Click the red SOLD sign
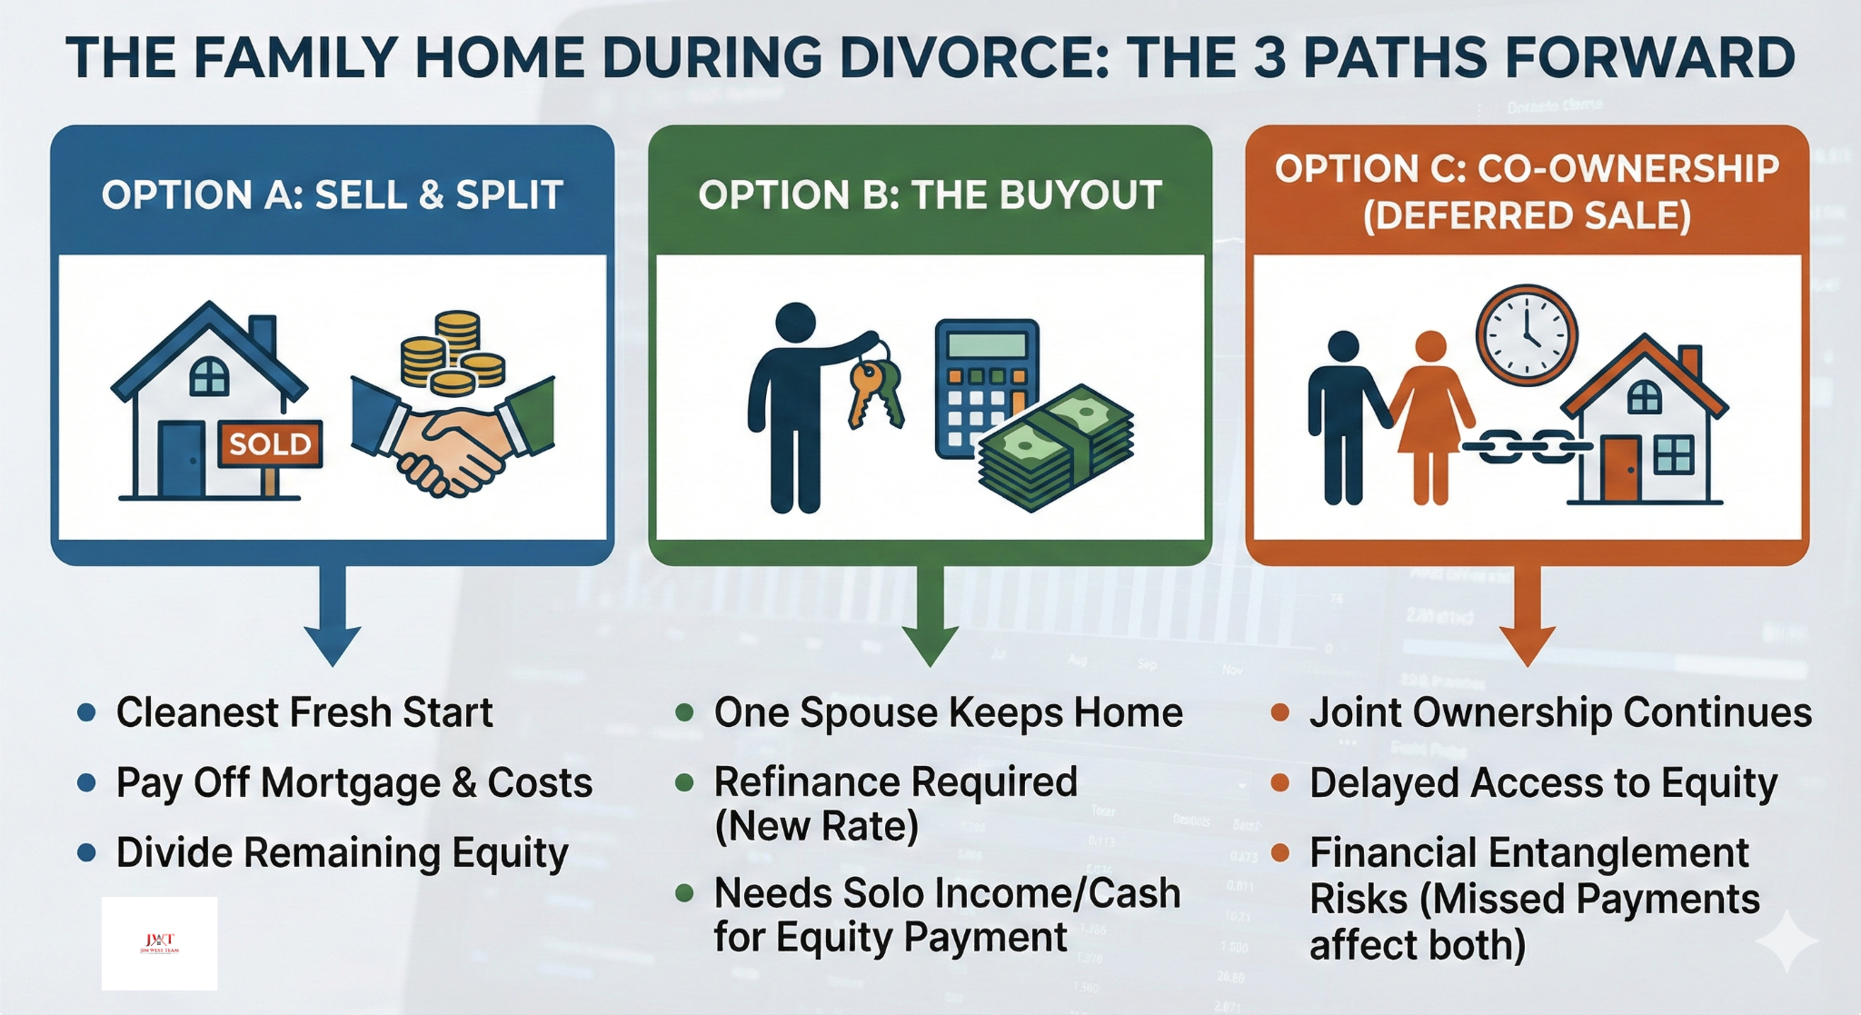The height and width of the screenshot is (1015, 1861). point(270,443)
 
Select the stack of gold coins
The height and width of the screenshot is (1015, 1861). point(453,354)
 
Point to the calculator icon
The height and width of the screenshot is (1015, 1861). point(986,386)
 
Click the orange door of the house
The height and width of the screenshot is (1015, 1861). point(1620,468)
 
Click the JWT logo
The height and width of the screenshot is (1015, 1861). point(160,943)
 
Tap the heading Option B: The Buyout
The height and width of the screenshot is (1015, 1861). point(930,195)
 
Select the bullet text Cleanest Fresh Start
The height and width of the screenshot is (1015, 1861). point(304,712)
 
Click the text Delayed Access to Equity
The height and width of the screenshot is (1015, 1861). point(1543,783)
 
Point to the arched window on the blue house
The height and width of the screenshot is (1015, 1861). point(209,375)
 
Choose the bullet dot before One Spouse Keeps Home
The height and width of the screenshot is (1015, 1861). point(685,712)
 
